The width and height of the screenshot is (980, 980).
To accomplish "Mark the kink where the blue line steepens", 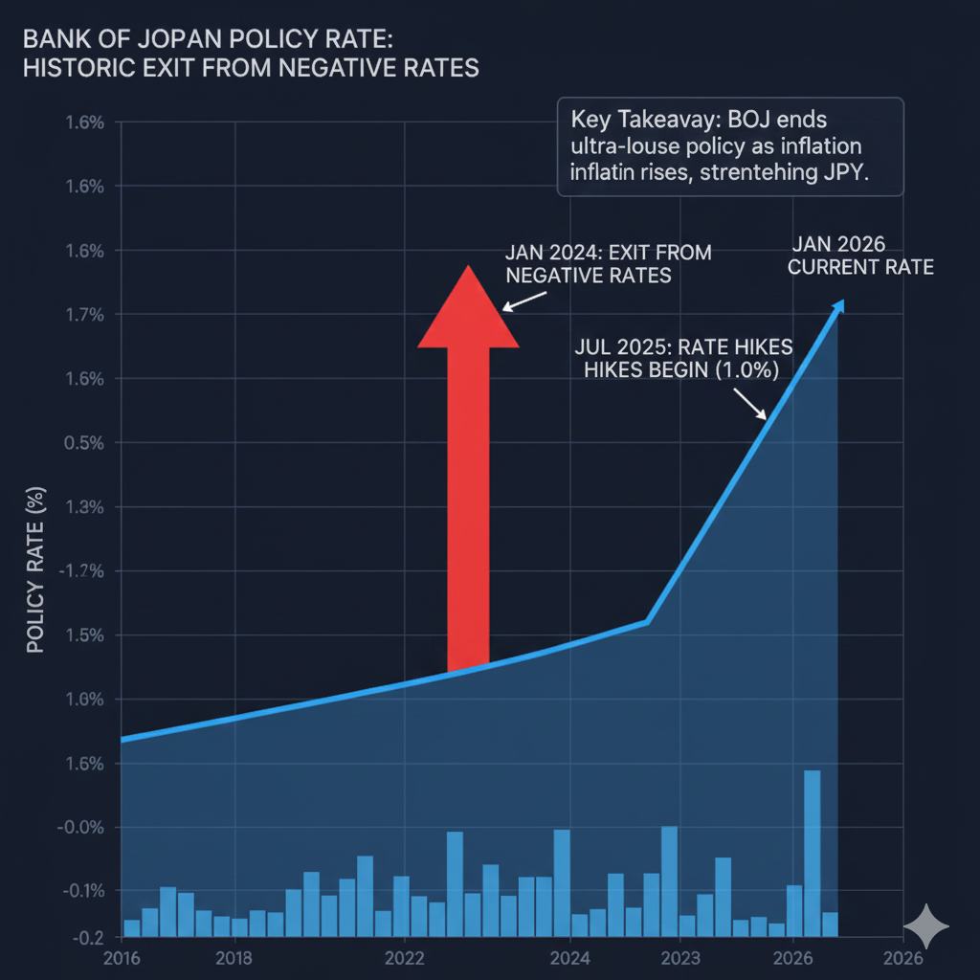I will [x=648, y=622].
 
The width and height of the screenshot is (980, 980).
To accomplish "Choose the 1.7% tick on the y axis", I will [x=84, y=315].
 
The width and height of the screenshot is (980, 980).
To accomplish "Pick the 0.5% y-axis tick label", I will [x=84, y=443].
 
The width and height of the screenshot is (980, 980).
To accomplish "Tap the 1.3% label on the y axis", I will [x=84, y=507].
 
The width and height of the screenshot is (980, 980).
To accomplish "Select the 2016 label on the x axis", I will [x=121, y=958].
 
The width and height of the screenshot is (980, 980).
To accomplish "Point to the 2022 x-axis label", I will [x=404, y=958].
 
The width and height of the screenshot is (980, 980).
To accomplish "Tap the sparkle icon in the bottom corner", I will [x=926, y=926].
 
